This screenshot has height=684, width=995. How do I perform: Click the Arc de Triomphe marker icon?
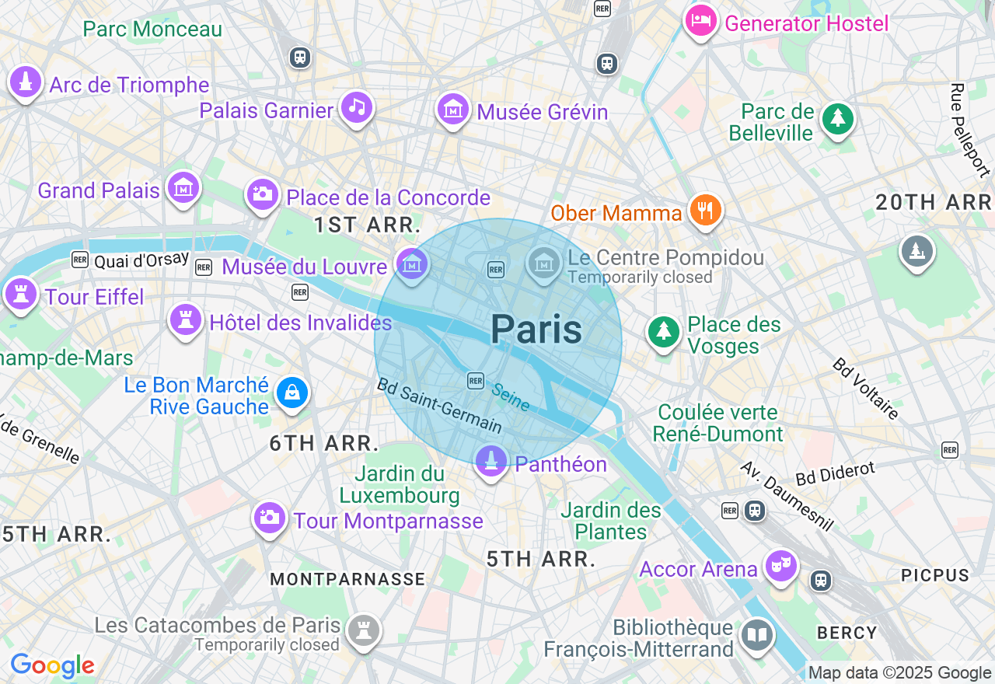pos(26,82)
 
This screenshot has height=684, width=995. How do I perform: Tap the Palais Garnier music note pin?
pos(357,107)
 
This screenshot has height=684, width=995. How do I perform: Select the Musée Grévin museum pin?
pos(452,109)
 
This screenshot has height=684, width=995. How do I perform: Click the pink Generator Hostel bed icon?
pos(700,20)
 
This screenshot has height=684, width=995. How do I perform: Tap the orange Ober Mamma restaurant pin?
pos(705,210)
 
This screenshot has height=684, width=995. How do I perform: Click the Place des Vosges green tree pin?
pos(663,332)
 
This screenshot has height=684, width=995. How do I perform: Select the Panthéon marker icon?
pos(491,462)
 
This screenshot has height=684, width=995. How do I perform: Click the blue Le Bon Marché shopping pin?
pos(292,393)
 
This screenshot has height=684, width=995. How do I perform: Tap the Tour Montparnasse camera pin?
pos(270,517)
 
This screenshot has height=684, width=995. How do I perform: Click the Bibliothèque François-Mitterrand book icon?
pos(756,635)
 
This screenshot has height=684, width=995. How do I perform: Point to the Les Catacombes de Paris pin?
pos(363,629)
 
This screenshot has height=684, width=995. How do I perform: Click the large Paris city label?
pos(536,330)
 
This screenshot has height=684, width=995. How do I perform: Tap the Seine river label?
pos(511,397)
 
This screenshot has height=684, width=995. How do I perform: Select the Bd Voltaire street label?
pos(865,389)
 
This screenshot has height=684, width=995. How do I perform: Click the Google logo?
pos(52,666)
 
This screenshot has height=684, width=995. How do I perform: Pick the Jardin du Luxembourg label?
pos(400,484)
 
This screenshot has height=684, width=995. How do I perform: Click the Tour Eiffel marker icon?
pos(21,294)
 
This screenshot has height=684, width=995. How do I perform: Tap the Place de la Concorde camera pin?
pos(262,194)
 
